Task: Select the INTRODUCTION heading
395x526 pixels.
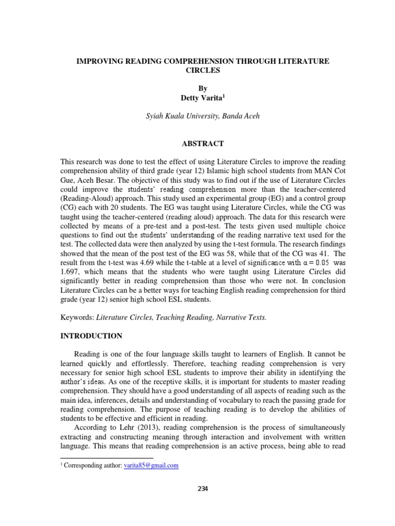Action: coord(92,336)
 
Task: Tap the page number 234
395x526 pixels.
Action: coord(202,489)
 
